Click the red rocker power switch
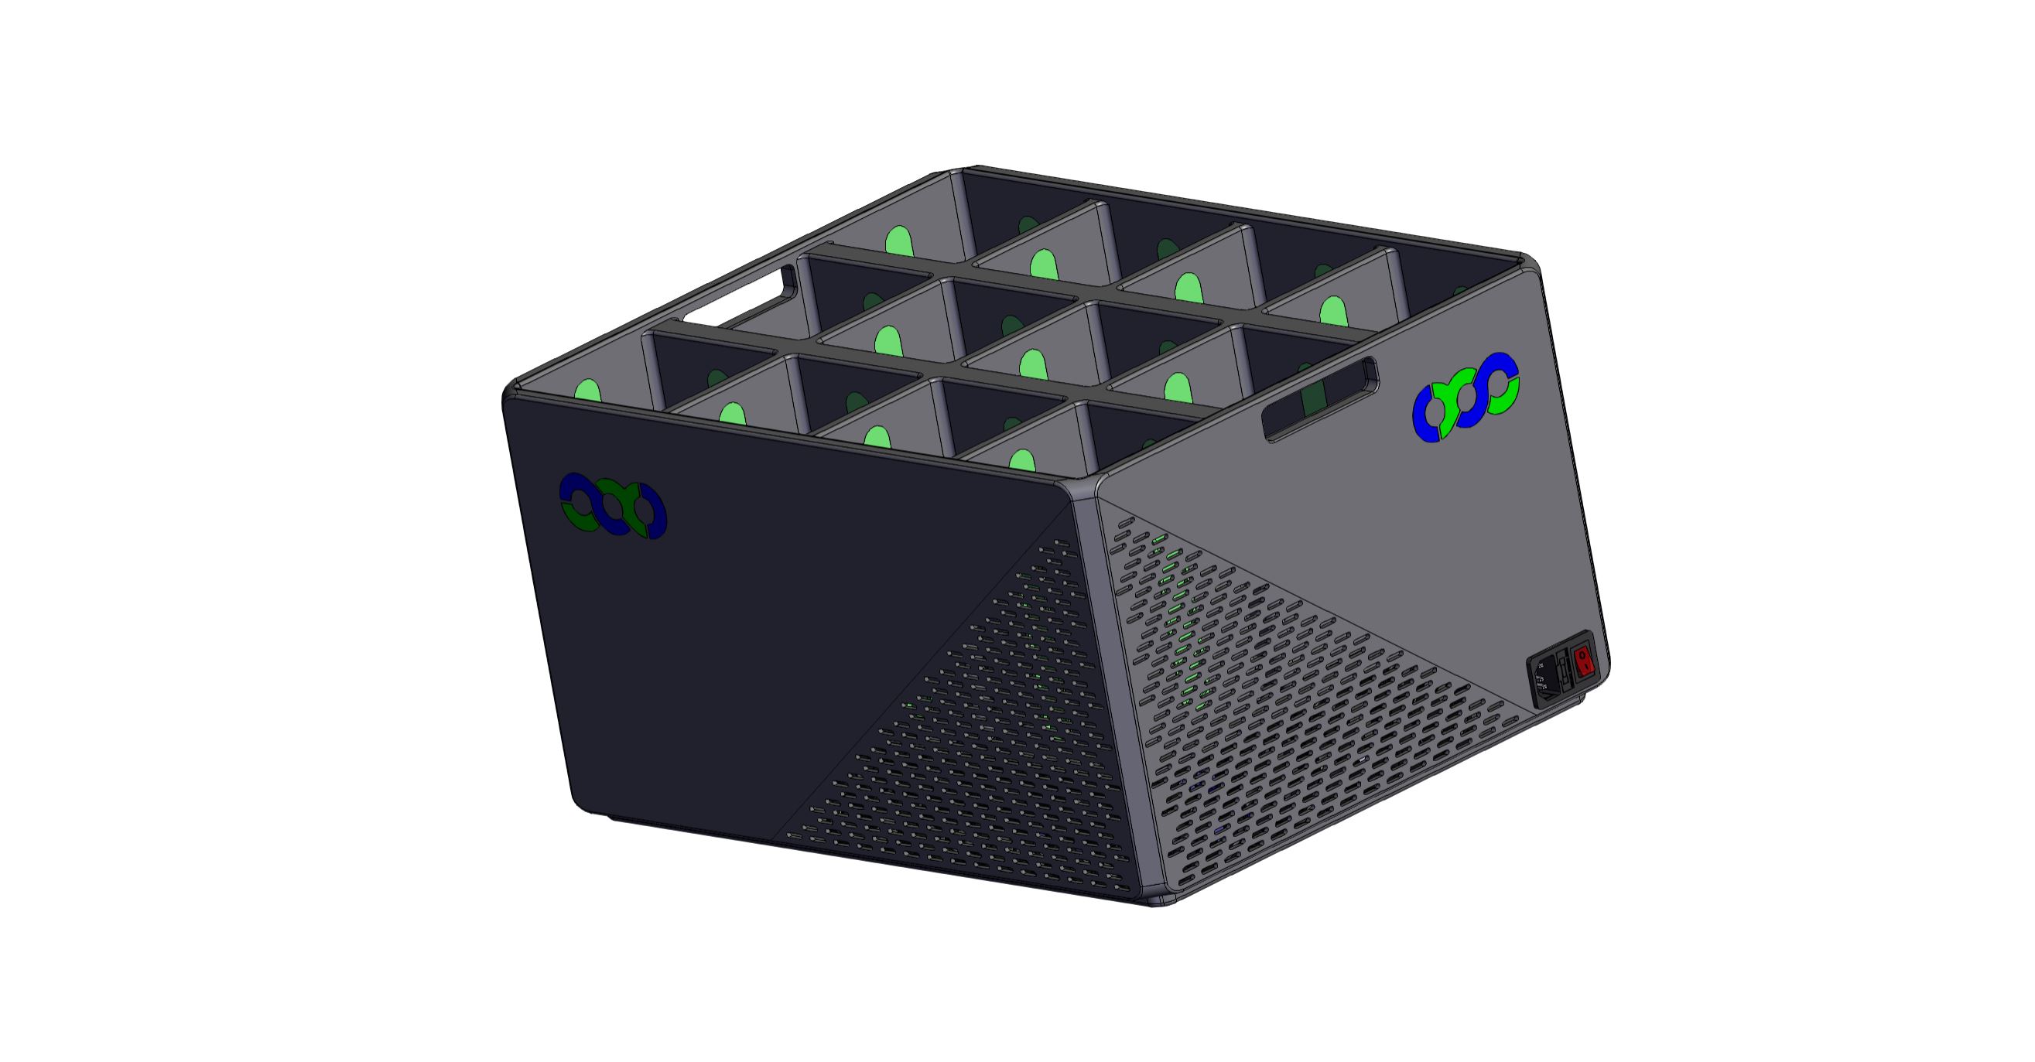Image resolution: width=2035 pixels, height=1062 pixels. tap(1584, 661)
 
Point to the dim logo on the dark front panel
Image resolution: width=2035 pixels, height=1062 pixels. tap(613, 506)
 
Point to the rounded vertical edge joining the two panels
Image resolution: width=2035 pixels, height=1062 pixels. tap(1114, 695)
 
